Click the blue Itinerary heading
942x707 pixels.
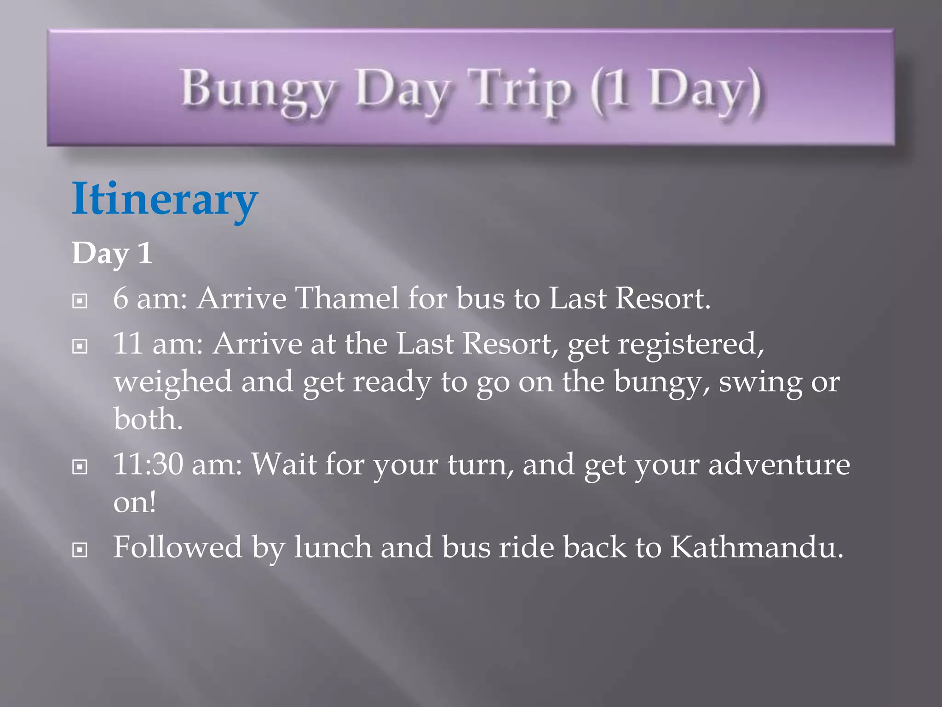pos(165,199)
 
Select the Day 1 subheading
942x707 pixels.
pos(112,253)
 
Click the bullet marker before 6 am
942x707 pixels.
pos(80,301)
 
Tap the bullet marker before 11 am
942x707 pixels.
pos(80,346)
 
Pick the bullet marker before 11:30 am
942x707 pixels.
pos(80,467)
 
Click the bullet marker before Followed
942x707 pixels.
pos(80,550)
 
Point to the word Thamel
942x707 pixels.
pos(347,298)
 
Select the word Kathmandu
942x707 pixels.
pos(757,547)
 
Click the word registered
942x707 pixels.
pos(690,344)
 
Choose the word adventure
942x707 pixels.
pos(779,464)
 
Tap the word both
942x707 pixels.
pos(148,419)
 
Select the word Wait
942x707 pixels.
pos(283,464)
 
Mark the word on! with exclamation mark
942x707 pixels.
pos(135,502)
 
